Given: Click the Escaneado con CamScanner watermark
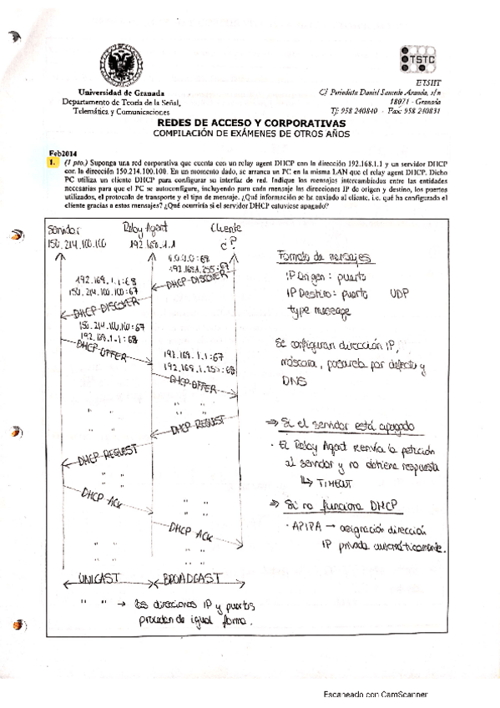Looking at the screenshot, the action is (376, 694).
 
